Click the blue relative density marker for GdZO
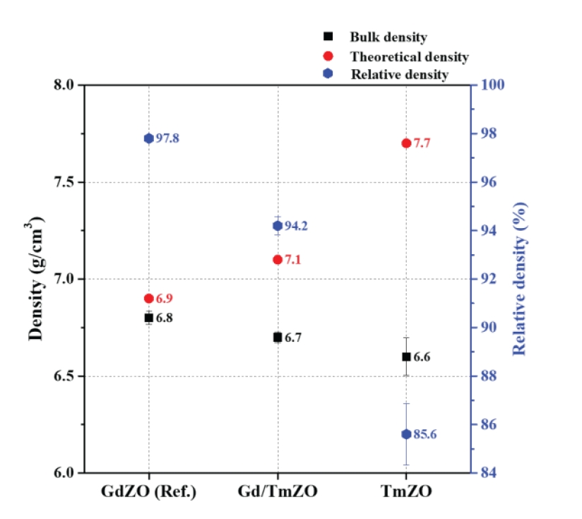[149, 138]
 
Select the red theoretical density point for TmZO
[406, 143]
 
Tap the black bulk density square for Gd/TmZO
[278, 338]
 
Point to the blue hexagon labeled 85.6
[406, 434]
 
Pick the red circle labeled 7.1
[278, 260]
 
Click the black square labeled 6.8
[149, 318]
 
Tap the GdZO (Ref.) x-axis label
[148, 491]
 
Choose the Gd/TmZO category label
[277, 491]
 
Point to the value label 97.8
[167, 138]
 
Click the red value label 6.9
[164, 299]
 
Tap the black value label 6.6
[422, 357]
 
